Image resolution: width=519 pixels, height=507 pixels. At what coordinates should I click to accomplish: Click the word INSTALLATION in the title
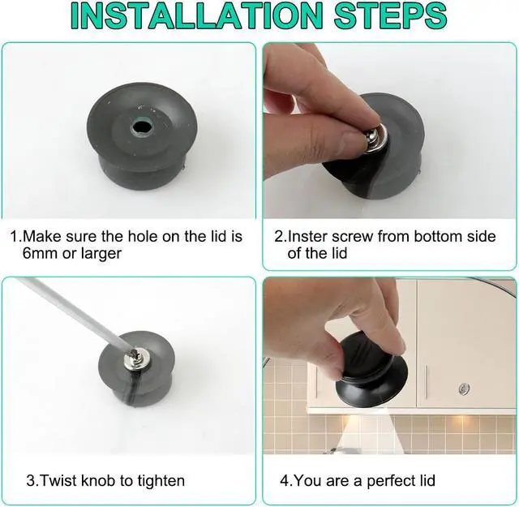coord(196,16)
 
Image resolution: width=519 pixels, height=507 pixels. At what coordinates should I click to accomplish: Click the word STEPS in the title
coord(391,16)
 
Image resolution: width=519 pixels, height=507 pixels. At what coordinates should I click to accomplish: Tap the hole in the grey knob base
coord(141,127)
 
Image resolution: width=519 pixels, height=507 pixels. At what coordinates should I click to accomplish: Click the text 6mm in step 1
coord(40,253)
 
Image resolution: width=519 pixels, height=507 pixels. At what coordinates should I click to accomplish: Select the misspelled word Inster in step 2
coord(308,236)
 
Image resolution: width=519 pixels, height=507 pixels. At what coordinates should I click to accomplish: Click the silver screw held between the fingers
coord(375,136)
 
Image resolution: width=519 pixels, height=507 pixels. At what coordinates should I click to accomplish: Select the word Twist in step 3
coord(58,480)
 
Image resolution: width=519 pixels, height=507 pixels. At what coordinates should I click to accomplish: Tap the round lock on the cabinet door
coord(465,389)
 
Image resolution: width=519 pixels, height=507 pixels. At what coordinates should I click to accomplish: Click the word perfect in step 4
coord(391,481)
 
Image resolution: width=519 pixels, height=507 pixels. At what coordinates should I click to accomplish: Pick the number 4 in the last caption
coord(284,480)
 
